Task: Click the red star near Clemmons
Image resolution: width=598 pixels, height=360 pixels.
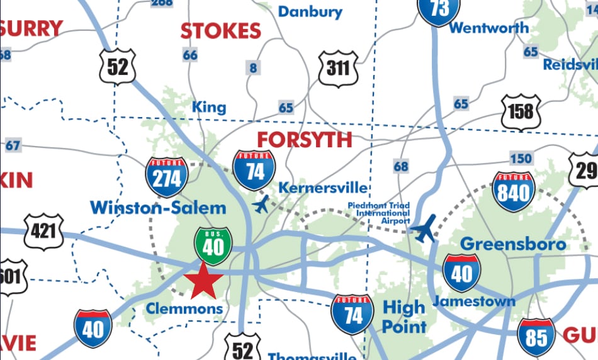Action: point(203,281)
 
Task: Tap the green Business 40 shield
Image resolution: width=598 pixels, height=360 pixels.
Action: point(213,245)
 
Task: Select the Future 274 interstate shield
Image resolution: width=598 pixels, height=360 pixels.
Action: point(167,177)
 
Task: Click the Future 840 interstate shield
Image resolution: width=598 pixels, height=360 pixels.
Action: point(514,191)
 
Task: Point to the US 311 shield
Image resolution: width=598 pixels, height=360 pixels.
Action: point(338,67)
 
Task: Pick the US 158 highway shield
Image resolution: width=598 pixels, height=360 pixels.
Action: point(521,112)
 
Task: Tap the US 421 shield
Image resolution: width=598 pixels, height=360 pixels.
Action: point(43,231)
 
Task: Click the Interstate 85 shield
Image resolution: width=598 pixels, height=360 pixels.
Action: point(536,337)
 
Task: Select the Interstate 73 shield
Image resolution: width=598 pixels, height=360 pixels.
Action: point(440,10)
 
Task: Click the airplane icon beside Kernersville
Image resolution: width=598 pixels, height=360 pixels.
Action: point(261,205)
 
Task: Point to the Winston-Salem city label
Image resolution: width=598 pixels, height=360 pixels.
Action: point(158,207)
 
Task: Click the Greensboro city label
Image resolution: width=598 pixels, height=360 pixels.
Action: point(513,244)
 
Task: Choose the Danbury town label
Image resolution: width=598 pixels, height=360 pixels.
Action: point(310,11)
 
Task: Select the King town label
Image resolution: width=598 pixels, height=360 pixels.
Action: point(209,107)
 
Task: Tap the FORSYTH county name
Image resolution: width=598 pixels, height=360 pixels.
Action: point(304,139)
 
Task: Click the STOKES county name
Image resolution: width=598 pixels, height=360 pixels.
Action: point(220,30)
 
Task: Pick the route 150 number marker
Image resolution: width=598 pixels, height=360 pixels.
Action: point(521,158)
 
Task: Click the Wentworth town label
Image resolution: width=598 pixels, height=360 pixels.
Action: point(489,28)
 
